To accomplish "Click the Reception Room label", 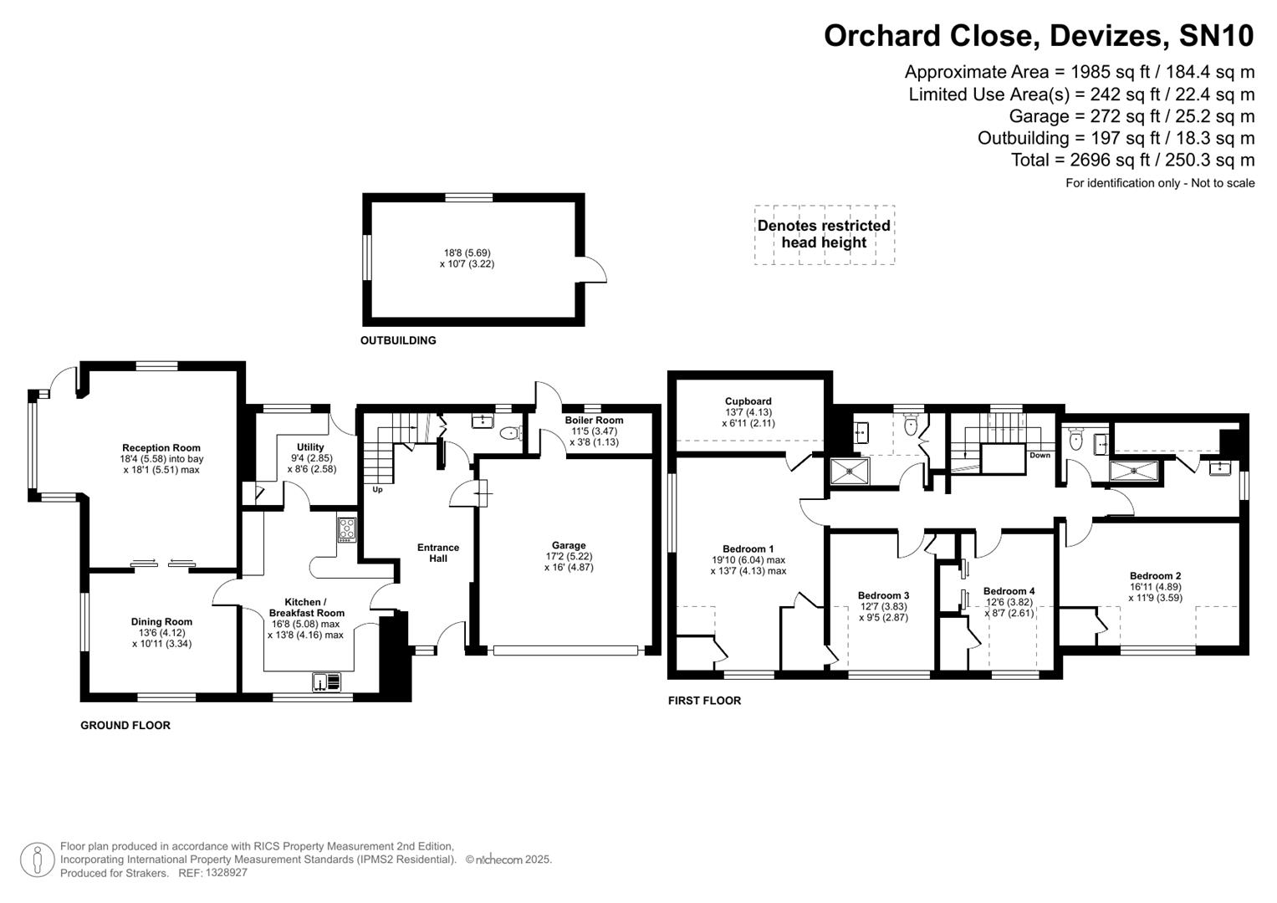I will pos(161,448).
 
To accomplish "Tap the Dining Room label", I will pos(161,622).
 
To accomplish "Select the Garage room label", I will pos(569,545).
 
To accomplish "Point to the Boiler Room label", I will pos(594,421).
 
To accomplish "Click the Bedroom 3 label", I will pos(883,596).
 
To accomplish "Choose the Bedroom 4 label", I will pos(1009,591).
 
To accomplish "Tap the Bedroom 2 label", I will pos(1155,576).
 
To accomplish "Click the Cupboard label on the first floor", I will pos(748,401).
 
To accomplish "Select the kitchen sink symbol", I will pos(327,682).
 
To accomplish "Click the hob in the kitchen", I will pos(346,529).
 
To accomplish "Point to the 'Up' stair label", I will pos(377,490).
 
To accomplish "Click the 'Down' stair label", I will pos(1039,456).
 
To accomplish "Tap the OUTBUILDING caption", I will pos(398,341).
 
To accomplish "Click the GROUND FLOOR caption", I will pos(125,726).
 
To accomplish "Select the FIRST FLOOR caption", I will pos(704,701).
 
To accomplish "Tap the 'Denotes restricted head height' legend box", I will pos(824,235).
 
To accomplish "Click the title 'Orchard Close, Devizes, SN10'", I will pos(1039,36).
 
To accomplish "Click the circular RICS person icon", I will pos(37,860).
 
